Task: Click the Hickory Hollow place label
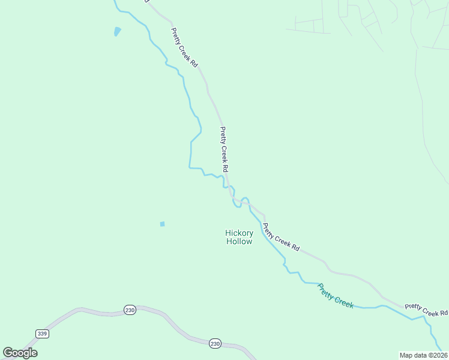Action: click(x=239, y=237)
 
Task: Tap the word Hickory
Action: click(x=239, y=233)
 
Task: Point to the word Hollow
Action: click(x=239, y=241)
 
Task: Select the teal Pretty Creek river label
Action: click(x=336, y=295)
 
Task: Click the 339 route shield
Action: click(x=41, y=334)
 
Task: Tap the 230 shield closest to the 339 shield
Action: click(x=130, y=310)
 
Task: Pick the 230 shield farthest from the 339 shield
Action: click(x=215, y=344)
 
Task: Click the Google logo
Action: click(x=20, y=353)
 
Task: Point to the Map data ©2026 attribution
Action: click(x=423, y=355)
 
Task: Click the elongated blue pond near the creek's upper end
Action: click(x=117, y=31)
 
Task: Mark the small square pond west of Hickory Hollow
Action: click(x=162, y=224)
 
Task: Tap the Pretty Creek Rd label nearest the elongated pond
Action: click(x=184, y=47)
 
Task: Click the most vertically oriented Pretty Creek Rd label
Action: click(x=224, y=146)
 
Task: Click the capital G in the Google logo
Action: click(x=8, y=353)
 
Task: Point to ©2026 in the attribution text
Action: click(x=436, y=355)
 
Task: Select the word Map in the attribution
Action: click(x=406, y=355)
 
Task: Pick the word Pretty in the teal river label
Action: click(x=327, y=290)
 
